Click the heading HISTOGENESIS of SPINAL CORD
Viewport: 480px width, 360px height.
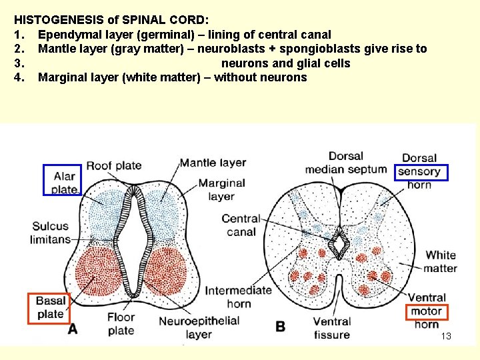click(112, 20)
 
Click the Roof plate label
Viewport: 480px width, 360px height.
click(113, 165)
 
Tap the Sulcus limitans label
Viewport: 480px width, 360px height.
click(51, 233)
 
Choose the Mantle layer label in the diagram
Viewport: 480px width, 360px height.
click(213, 163)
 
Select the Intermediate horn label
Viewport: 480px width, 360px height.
click(238, 297)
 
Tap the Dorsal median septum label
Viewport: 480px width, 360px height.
click(345, 163)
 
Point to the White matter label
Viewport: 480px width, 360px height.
click(441, 261)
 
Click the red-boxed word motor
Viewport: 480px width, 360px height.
click(426, 311)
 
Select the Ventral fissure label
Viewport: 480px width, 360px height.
click(331, 328)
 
